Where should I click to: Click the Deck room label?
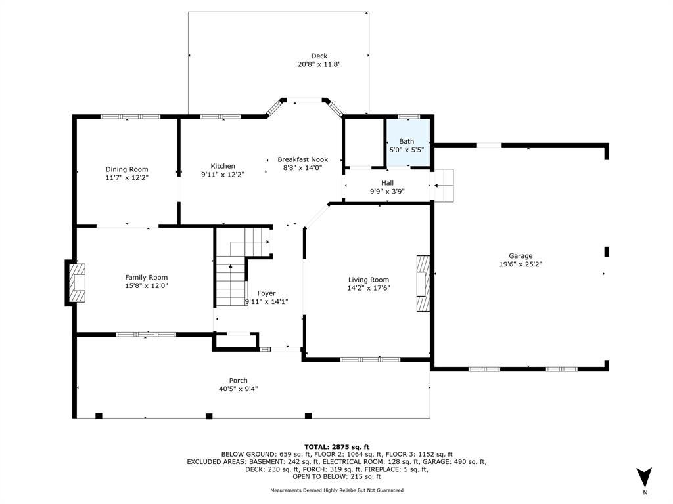point(319,56)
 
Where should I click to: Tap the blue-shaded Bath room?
point(408,142)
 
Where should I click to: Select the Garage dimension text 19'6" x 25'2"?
point(521,264)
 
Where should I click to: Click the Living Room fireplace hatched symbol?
point(423,283)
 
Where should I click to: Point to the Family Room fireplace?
point(76,283)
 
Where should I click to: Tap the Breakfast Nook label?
point(302,159)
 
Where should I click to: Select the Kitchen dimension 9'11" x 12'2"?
point(223,175)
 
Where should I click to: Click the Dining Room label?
point(127,169)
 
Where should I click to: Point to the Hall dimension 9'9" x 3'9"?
point(387,192)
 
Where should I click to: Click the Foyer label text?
point(267,293)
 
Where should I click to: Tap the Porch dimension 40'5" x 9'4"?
point(238,388)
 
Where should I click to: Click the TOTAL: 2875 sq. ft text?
point(337,446)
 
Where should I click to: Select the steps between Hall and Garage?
point(444,185)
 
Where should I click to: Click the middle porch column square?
point(209,415)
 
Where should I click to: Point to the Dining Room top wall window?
point(131,117)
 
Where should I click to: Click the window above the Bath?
point(408,117)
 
